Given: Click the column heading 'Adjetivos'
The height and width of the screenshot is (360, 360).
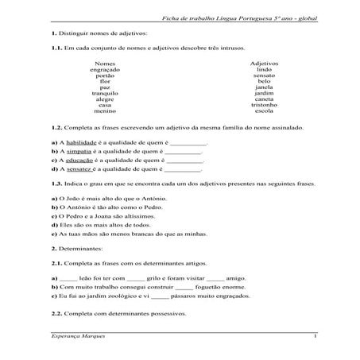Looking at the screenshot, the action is click(x=264, y=63).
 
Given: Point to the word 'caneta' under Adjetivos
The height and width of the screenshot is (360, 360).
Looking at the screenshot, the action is click(x=264, y=99).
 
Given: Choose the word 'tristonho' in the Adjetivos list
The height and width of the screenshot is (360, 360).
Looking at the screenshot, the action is click(x=264, y=105).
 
